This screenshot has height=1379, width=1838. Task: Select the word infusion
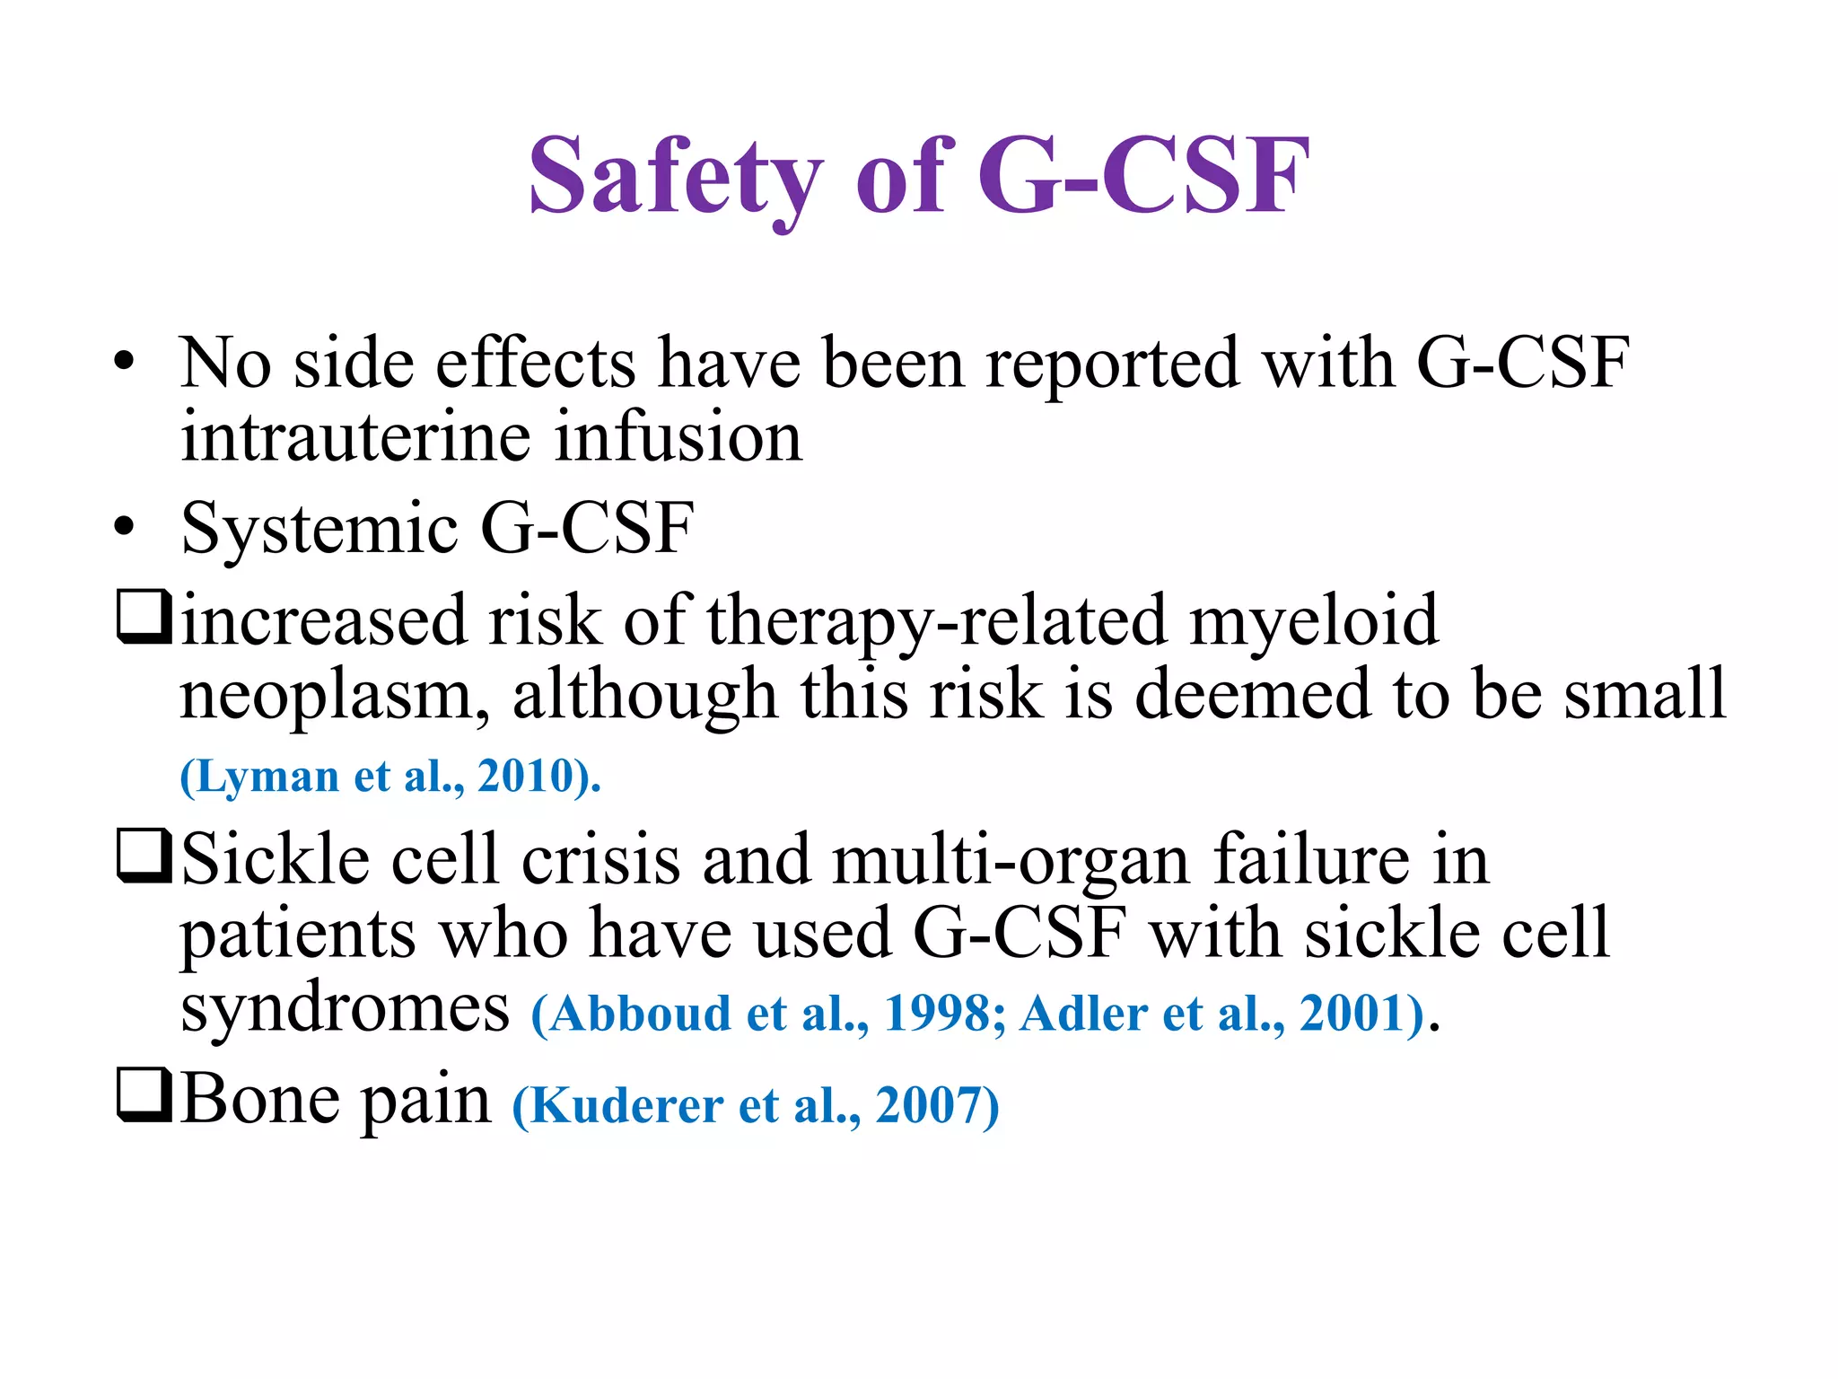[678, 437]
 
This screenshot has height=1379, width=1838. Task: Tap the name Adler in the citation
[1083, 1014]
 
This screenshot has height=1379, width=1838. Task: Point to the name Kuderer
[626, 1106]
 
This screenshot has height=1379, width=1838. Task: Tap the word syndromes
[345, 1010]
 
